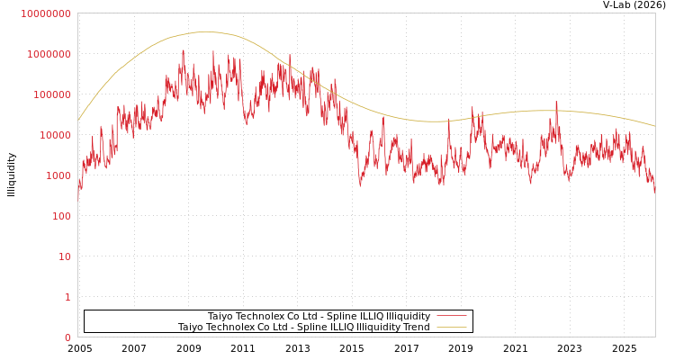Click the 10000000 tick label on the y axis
point(45,13)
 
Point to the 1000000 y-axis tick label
point(49,54)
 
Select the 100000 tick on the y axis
point(51,94)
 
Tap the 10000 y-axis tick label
point(54,135)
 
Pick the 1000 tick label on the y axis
point(58,175)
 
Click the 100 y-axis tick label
point(60,216)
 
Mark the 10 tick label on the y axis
point(64,256)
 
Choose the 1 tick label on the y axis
point(67,297)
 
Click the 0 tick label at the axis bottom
point(67,337)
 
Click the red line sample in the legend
point(452,316)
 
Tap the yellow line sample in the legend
point(452,327)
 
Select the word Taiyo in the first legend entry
point(220,316)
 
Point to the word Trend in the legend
point(416,327)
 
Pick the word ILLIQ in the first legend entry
point(358,316)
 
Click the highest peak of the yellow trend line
point(205,31)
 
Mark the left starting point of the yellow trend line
point(78,120)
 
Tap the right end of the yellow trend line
point(654,126)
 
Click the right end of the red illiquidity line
point(654,191)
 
